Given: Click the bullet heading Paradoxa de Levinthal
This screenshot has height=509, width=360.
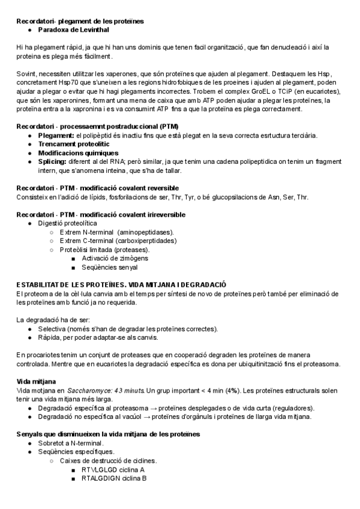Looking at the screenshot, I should pos(73,29).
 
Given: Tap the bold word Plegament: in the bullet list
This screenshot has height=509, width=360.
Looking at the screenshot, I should pos(56,136).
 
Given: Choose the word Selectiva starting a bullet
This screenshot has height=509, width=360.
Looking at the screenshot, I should pos(52,329).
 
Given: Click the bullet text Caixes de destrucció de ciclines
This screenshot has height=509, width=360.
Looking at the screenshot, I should pos(108,460).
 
